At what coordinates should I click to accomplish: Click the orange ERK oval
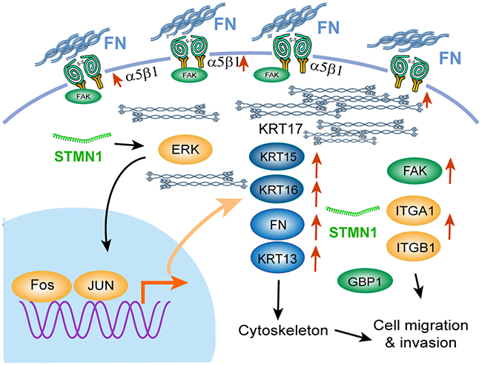185,149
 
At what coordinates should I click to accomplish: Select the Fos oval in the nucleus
42,285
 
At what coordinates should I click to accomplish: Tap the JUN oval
101,286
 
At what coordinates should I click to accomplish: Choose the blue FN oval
278,225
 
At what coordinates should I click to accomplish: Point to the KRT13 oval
277,257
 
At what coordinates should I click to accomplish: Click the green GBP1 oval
365,281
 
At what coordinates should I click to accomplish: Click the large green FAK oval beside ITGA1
415,171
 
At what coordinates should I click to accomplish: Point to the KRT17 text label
280,128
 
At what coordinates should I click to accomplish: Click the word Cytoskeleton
283,331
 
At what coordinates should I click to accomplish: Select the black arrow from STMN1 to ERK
126,145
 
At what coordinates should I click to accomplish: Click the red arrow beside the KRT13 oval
315,259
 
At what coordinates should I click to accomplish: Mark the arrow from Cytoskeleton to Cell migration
353,335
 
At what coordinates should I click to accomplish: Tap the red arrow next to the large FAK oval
450,171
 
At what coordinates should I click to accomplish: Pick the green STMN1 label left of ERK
78,157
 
